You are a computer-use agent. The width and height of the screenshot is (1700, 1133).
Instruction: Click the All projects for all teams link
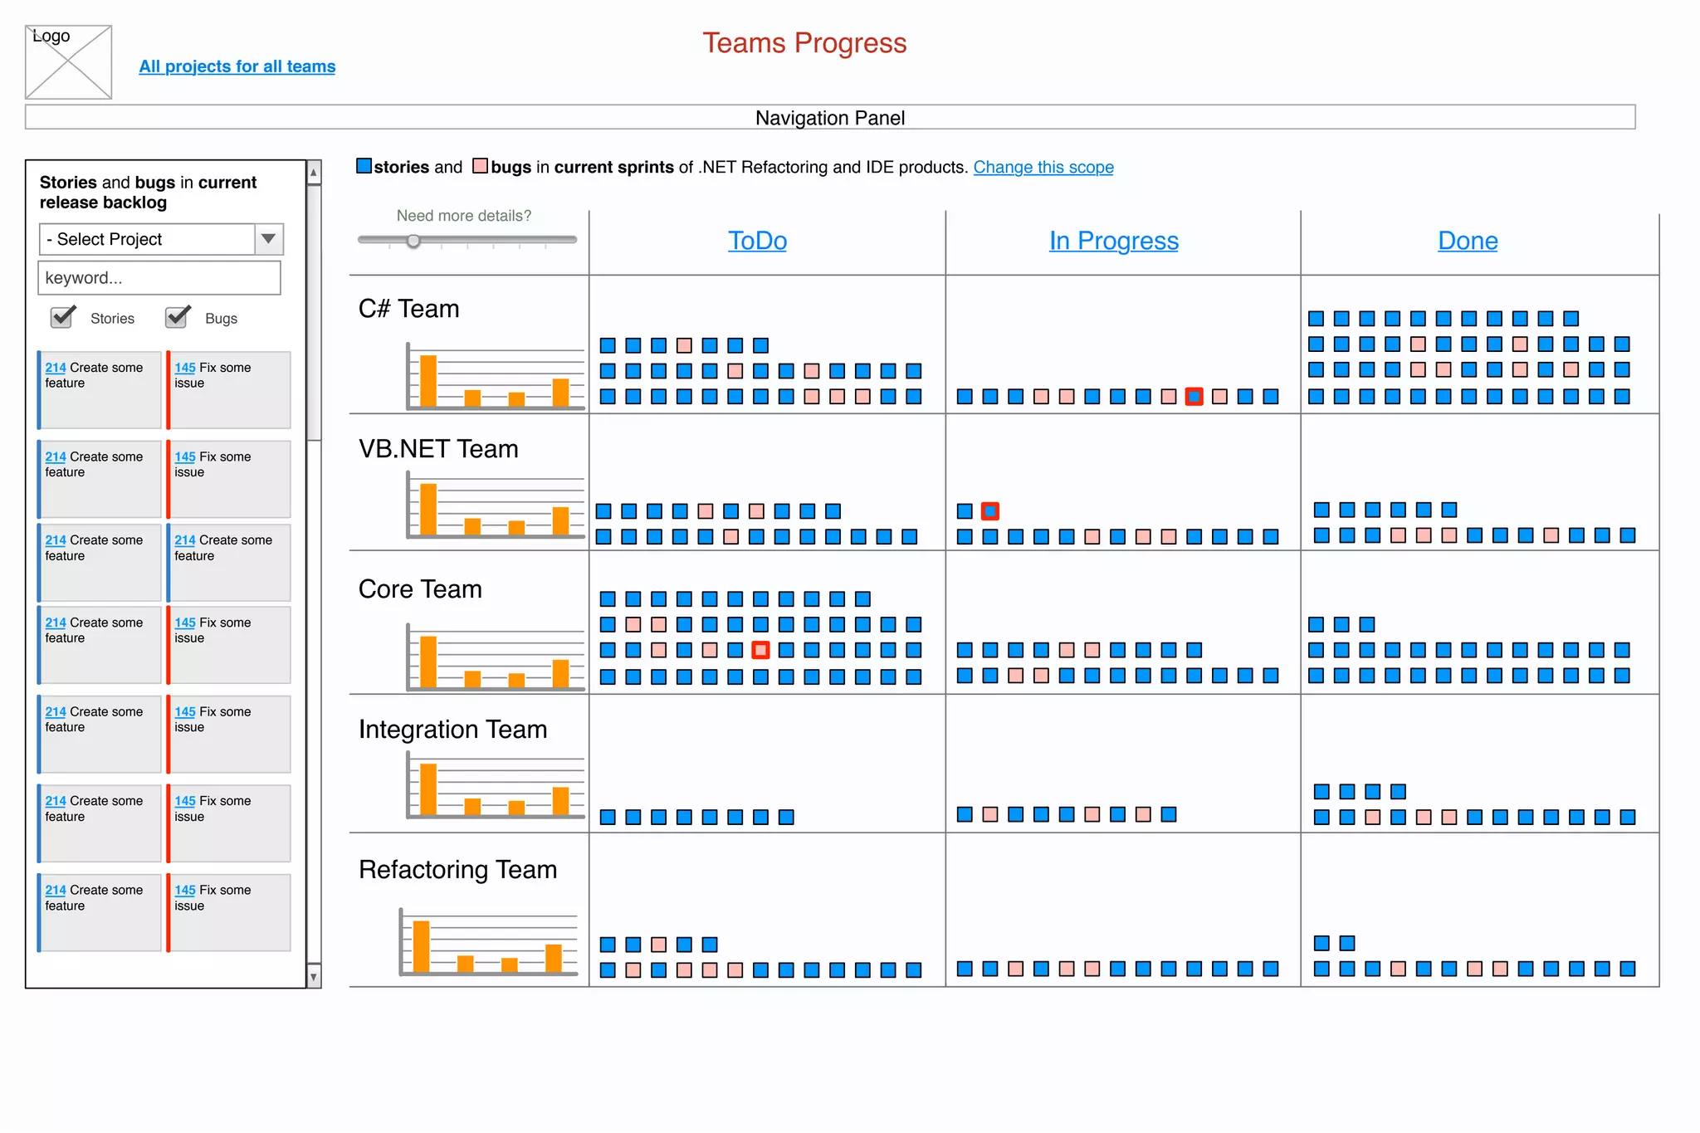237,66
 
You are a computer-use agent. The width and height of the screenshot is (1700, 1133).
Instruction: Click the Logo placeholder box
68,62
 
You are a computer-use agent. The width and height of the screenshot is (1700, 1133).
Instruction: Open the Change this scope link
1043,167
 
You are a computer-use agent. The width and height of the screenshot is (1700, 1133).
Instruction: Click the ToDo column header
757,241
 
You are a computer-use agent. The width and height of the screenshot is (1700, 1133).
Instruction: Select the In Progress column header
1113,241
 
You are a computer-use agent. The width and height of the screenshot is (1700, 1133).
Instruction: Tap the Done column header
1468,241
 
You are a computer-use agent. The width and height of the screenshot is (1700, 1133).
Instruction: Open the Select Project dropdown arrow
268,239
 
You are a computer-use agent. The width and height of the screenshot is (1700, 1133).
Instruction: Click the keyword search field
159,278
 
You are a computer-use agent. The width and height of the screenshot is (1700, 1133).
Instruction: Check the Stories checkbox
62,317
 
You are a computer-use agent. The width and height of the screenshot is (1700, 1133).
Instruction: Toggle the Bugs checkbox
177,317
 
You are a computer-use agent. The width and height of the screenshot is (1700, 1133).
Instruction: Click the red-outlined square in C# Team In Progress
1194,397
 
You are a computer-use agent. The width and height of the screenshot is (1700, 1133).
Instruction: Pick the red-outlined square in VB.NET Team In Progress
990,511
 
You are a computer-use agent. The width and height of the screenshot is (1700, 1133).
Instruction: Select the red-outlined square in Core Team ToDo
760,650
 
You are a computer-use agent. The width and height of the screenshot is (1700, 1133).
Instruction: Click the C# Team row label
408,309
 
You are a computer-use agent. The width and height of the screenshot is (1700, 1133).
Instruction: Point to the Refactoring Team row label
457,870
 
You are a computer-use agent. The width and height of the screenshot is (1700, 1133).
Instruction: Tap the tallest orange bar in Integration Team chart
428,789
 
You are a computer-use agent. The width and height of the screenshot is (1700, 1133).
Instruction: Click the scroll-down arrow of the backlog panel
314,977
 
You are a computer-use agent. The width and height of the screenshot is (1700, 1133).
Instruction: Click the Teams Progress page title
804,43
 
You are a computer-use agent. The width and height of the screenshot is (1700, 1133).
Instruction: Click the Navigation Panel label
830,118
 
